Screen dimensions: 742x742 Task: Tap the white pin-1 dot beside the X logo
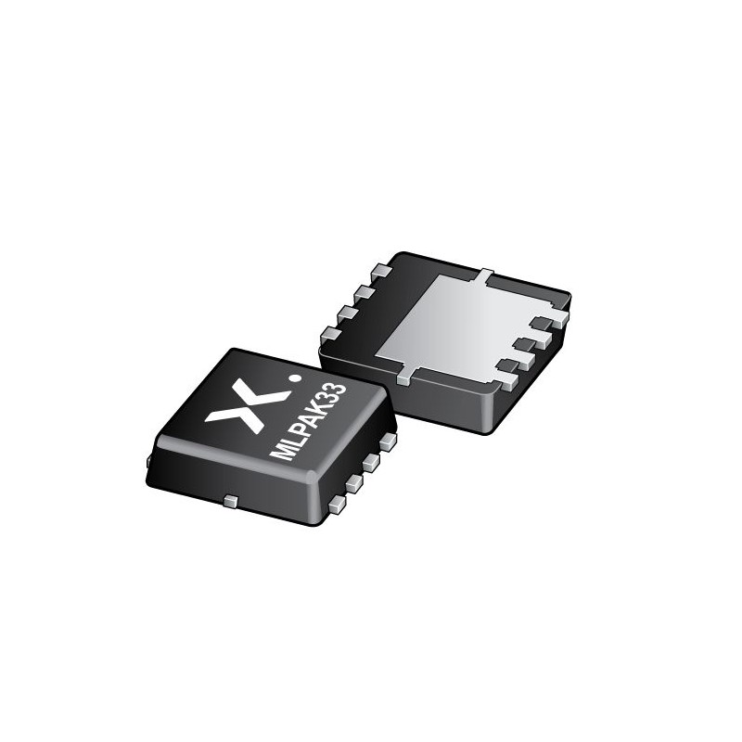click(296, 377)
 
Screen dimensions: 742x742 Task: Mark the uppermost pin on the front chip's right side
click(387, 441)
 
